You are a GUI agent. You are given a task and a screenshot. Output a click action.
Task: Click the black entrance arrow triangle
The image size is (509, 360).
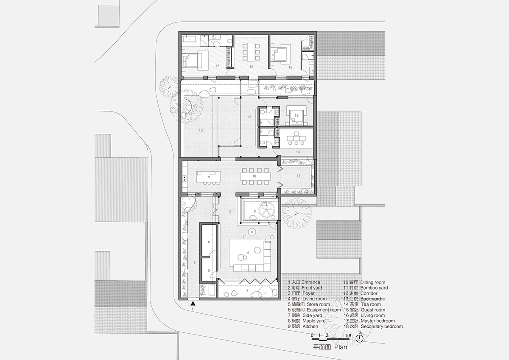pyautogui.click(x=193, y=303)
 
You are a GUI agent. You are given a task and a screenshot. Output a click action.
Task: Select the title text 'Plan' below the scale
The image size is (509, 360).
pyautogui.click(x=340, y=347)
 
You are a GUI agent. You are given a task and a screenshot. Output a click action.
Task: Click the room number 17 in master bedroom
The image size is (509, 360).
pyautogui.click(x=217, y=66)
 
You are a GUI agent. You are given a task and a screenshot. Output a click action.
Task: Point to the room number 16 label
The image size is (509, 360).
pyautogui.click(x=251, y=67)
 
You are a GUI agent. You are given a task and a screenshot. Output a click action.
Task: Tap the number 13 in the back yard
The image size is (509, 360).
pyautogui.click(x=200, y=131)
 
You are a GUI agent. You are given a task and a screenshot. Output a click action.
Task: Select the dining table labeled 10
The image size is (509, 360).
pyautogui.click(x=255, y=176)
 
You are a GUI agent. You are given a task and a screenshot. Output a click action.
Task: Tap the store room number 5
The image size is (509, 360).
pyautogui.click(x=209, y=270)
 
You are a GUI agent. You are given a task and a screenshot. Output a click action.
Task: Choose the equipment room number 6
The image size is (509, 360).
pyautogui.click(x=209, y=242)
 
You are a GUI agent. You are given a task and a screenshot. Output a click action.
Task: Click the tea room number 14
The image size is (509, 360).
pyautogui.click(x=297, y=152)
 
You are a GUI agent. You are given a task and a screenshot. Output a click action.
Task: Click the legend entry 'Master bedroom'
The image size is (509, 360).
pyautogui.click(x=378, y=321)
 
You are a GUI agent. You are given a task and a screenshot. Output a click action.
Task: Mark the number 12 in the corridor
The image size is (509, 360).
pyautogui.click(x=249, y=117)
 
